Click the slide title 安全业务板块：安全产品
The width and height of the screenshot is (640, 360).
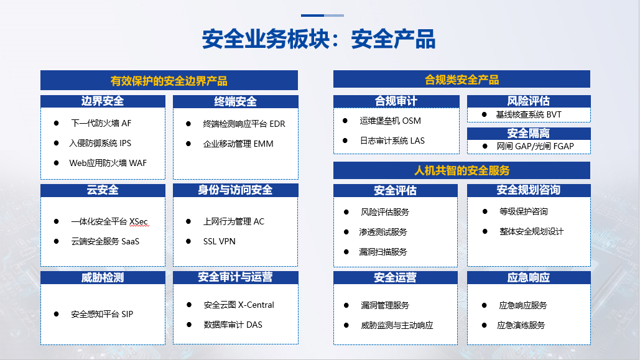[319, 39]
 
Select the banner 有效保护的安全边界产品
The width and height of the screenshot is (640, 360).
[169, 80]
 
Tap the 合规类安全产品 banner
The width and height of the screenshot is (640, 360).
[461, 79]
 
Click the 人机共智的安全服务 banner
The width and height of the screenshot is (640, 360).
[461, 170]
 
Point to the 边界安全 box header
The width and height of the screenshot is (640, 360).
[103, 101]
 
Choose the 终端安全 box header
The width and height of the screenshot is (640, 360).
[236, 101]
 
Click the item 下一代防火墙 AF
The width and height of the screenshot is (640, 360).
[101, 123]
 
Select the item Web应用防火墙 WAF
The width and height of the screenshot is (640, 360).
[108, 164]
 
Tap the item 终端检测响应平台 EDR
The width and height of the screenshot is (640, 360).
[244, 124]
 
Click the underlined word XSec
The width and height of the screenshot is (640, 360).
[139, 221]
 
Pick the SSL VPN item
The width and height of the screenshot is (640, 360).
[219, 242]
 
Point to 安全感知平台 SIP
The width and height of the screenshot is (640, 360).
[102, 314]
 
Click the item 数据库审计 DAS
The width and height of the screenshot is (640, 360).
[233, 325]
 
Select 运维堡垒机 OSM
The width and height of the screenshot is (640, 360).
[390, 121]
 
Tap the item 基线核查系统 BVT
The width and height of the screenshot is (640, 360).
[529, 114]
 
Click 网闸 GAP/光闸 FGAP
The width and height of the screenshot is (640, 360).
[535, 146]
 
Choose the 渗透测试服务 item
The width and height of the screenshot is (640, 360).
[383, 233]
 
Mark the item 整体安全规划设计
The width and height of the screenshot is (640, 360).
[531, 232]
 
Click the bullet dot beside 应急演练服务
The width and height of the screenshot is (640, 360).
[484, 325]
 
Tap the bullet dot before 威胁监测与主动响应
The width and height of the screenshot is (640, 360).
[346, 325]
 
